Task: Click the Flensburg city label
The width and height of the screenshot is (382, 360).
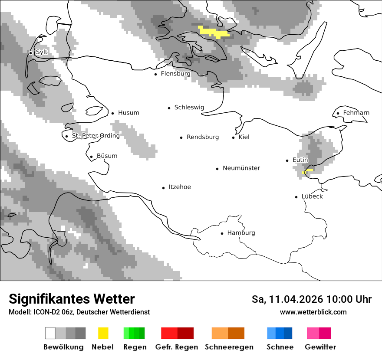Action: (175, 74)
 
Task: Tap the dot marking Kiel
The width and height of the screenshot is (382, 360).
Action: (234, 137)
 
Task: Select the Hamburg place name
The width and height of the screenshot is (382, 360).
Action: (241, 233)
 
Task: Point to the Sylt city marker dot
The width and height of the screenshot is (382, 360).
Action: (31, 53)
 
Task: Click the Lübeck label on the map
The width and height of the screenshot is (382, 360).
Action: (312, 196)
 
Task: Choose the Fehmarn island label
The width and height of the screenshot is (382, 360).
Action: (356, 113)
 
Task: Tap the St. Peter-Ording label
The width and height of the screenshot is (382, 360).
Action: (95, 136)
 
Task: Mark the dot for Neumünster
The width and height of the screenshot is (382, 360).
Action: (217, 169)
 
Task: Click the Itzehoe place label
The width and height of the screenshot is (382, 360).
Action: (180, 187)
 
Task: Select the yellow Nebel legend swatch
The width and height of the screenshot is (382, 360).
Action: (103, 333)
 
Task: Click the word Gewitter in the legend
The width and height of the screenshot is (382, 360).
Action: (320, 347)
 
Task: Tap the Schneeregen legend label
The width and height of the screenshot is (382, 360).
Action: (229, 347)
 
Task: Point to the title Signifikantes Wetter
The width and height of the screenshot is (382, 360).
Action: (72, 299)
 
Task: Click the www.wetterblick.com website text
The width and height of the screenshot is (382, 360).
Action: (313, 312)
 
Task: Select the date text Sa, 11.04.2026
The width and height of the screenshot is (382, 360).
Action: (287, 299)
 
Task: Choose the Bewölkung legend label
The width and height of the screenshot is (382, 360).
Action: (63, 347)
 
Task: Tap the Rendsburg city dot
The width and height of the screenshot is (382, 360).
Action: (181, 137)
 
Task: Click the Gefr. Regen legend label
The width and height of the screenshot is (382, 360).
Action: (176, 347)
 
